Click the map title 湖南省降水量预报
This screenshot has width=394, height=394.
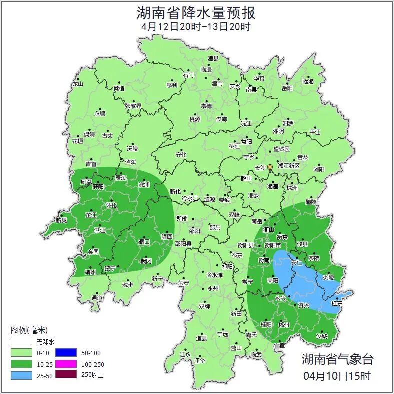pyautogui.click(x=196, y=13)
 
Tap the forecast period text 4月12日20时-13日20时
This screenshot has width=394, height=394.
pyautogui.click(x=196, y=27)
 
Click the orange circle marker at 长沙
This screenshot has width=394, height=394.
pyautogui.click(x=270, y=167)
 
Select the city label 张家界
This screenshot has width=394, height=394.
pyautogui.click(x=133, y=106)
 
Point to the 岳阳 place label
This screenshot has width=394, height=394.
pyautogui.click(x=286, y=88)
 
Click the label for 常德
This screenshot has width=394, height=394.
pyautogui.click(x=206, y=106)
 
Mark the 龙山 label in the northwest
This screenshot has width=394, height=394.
pyautogui.click(x=77, y=84)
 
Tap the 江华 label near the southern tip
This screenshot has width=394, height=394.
pyautogui.click(x=200, y=360)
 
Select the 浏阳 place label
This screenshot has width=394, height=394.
pyautogui.click(x=319, y=170)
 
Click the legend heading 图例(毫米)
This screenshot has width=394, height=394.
pyautogui.click(x=29, y=330)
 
